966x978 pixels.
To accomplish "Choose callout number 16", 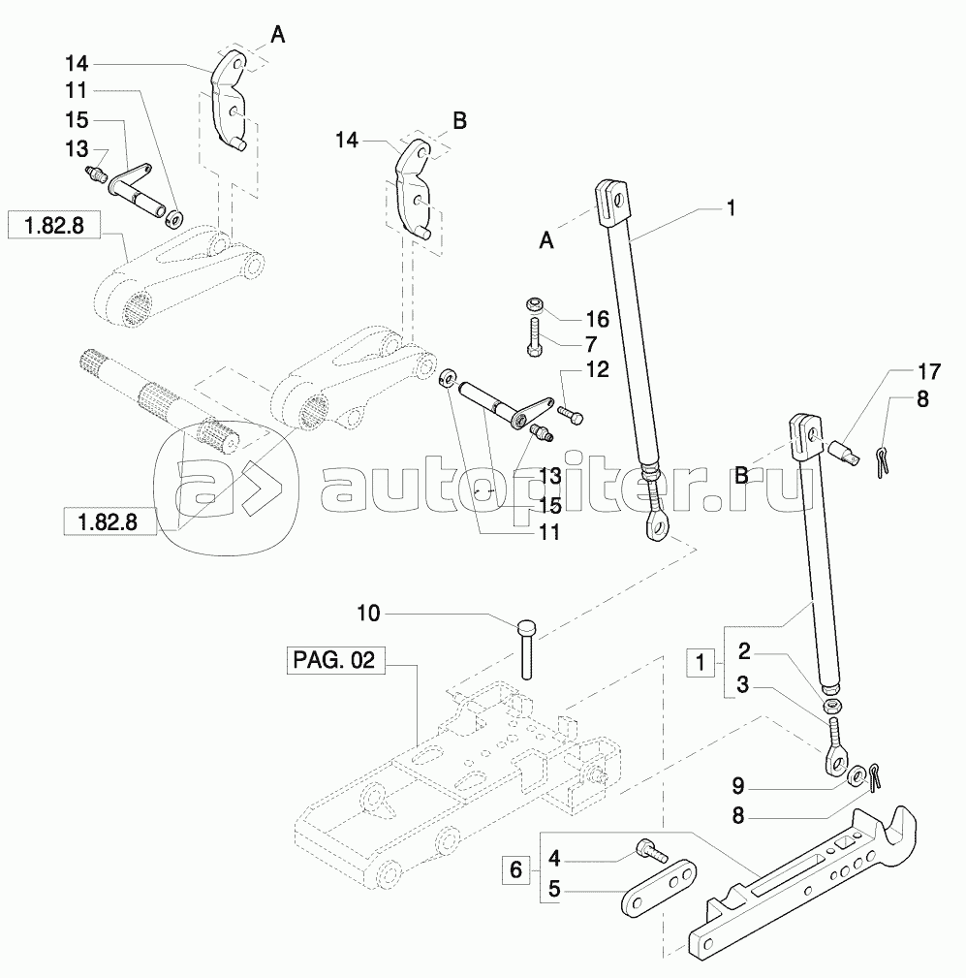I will [x=596, y=318].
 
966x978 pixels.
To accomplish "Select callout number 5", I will [x=554, y=887].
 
